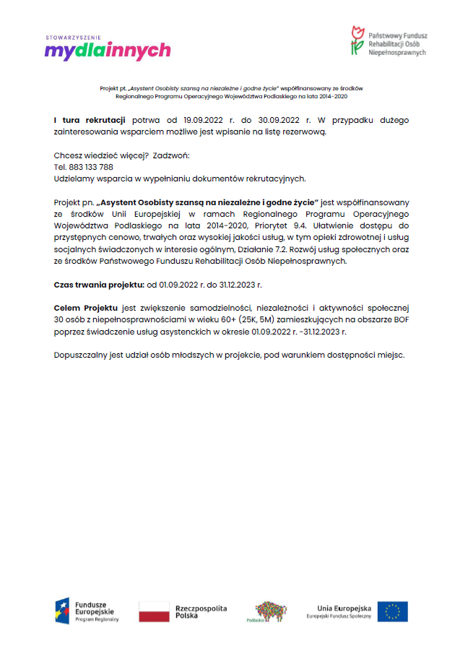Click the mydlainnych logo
coord(107,51)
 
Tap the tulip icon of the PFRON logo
coord(356,40)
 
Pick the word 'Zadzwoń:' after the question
coord(171,155)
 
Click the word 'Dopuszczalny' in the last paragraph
coord(81,355)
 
